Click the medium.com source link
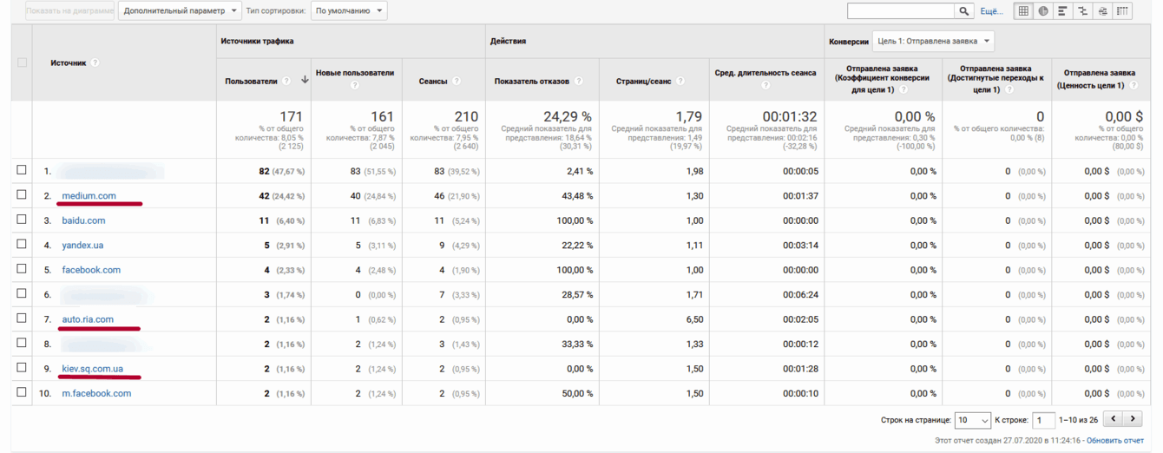coord(89,196)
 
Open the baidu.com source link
coord(83,220)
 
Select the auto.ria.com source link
coord(88,319)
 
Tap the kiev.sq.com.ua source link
coord(92,369)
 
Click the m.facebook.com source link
coord(96,393)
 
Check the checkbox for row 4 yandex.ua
coord(22,245)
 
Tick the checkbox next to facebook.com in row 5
coord(22,269)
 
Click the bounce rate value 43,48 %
coord(575,196)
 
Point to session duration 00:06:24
coord(799,295)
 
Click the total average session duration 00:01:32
coord(790,116)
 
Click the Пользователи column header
coord(251,81)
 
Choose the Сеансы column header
coord(433,81)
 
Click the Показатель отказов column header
coord(532,81)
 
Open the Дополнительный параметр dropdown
coord(180,11)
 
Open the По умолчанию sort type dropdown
coord(349,11)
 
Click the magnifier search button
coord(964,11)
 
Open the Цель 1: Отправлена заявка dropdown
coord(933,41)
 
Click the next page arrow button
coord(1133,419)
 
